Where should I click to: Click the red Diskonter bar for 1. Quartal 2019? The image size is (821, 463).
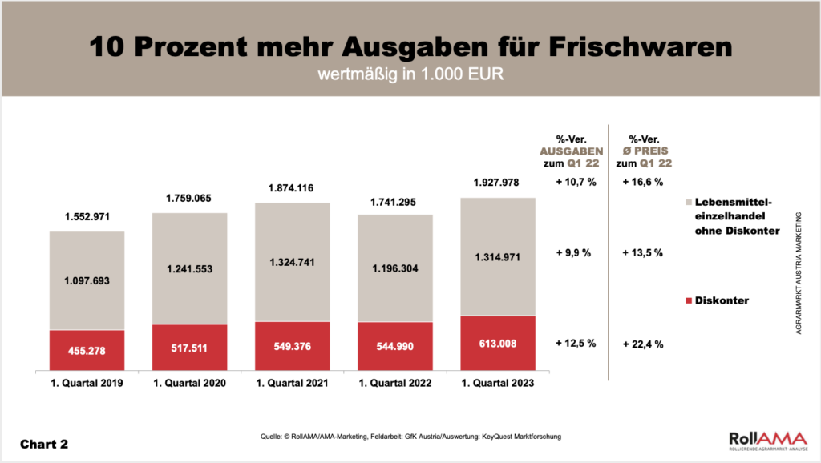point(87,350)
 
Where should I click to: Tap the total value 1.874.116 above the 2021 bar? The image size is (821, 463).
point(292,188)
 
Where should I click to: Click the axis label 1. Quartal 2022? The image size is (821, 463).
point(394,384)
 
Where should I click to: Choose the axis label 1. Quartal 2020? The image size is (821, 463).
point(189,384)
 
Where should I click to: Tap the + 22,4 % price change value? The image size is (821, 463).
point(643,344)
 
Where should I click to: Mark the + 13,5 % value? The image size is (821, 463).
point(643,253)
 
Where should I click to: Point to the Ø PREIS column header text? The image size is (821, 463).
point(643,151)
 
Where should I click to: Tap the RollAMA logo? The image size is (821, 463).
point(762,441)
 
